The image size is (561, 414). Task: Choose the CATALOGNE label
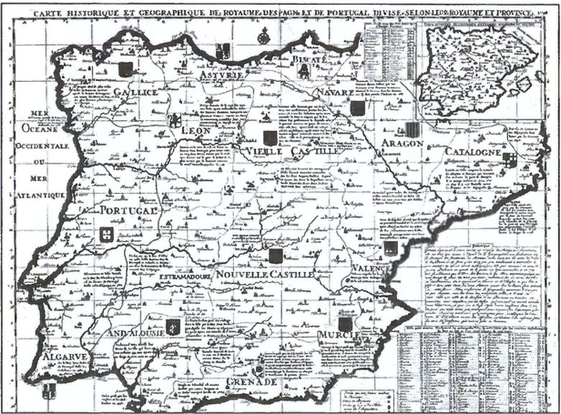pos(472,153)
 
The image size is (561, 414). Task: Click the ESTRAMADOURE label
pos(182,276)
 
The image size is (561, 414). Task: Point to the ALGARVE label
pos(65,357)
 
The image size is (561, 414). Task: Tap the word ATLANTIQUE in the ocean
pos(38,195)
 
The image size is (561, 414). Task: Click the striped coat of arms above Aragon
pos(412,129)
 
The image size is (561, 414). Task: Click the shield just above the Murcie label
pos(346,323)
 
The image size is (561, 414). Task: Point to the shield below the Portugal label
pos(106,234)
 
